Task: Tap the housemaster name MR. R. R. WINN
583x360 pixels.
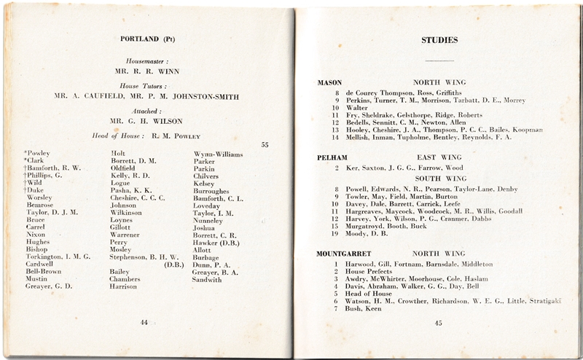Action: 152,72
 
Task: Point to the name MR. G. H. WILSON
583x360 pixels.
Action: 153,121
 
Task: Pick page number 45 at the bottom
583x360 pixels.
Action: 437,323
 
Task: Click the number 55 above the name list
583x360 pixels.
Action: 265,144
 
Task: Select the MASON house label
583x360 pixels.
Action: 330,82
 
